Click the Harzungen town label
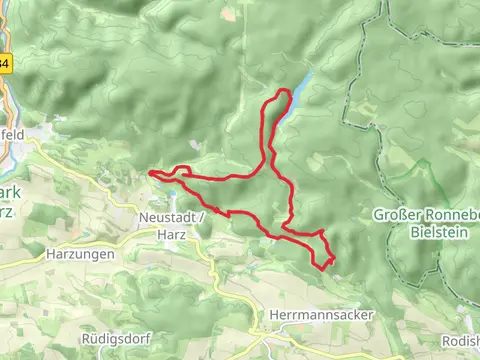pos(80,254)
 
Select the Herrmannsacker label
pos(321,314)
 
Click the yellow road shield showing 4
pos(4,63)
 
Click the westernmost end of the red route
pos(151,174)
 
